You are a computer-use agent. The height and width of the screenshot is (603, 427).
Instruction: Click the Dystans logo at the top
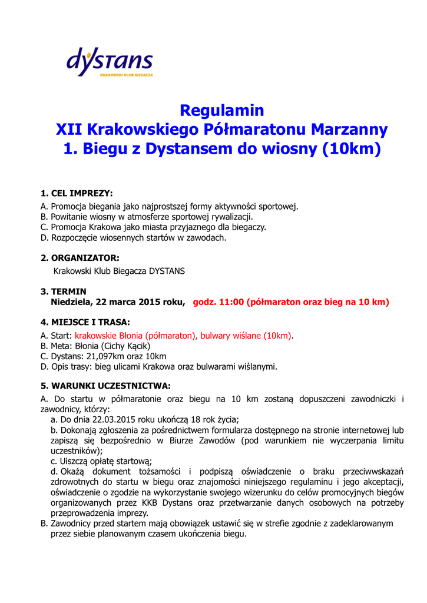coord(110,63)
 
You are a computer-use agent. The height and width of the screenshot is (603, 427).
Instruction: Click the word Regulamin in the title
coord(222,110)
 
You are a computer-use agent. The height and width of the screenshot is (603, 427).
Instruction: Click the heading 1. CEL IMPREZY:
coord(77,193)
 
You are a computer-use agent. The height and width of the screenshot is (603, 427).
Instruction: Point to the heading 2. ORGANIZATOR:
coord(80,258)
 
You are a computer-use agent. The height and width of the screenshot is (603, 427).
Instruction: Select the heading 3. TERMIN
coord(64,291)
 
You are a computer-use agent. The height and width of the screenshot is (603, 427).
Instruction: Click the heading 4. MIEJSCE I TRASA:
coord(85,322)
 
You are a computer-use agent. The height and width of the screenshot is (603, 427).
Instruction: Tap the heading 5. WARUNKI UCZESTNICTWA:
coord(105,386)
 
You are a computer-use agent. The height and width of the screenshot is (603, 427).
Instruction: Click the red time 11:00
coord(231,302)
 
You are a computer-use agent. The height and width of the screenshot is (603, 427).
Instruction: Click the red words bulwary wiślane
coord(231,335)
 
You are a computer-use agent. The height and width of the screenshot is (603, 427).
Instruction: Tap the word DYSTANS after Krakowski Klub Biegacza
coord(167,271)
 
